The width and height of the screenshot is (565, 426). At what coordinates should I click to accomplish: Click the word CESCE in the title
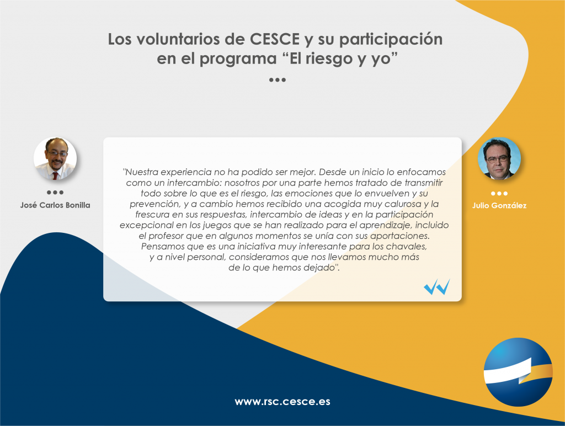275,39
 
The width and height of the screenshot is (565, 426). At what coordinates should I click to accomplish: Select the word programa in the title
238,58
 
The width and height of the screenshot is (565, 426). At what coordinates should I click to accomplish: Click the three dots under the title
278,80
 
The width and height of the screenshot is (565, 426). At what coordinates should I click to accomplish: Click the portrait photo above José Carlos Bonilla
55,158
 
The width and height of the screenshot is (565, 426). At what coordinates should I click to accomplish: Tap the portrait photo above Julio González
499,158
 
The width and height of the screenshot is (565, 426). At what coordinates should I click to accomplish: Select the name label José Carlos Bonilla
55,205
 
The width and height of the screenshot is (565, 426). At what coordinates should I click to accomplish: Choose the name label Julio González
499,205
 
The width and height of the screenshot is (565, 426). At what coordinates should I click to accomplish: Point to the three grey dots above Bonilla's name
55,193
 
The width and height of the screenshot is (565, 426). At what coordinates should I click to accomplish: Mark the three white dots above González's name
499,194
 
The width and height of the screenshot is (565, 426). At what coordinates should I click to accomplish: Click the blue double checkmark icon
437,287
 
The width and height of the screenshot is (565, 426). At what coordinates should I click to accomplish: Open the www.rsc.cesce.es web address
282,402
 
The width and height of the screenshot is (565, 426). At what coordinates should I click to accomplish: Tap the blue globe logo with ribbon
518,372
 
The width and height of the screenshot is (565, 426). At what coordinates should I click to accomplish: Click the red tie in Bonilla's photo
55,176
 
